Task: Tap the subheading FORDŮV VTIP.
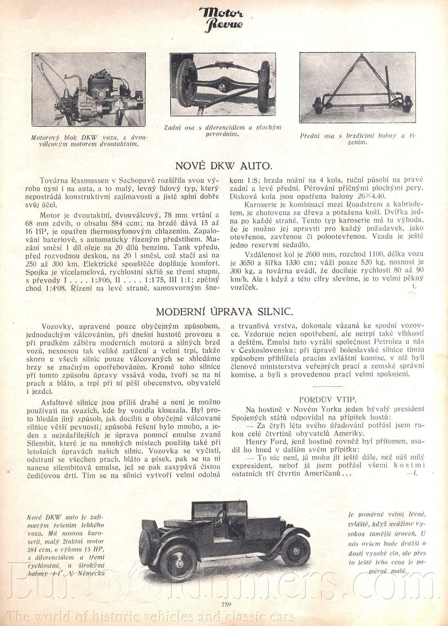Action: point(328,399)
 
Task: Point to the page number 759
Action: point(224,605)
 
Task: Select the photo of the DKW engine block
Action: point(88,89)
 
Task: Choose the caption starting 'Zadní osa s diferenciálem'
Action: point(222,131)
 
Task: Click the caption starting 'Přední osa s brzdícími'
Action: point(358,139)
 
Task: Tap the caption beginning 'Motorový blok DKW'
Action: point(89,141)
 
